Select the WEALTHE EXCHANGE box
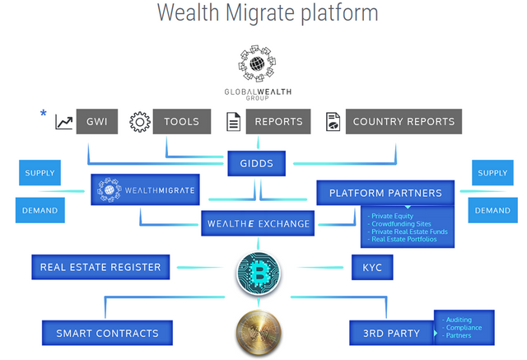point(258,223)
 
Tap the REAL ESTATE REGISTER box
point(100,267)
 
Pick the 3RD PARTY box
point(392,333)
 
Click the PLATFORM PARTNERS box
point(385,193)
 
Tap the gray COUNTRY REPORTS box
point(403,122)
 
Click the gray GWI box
point(97,122)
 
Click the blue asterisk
point(43,114)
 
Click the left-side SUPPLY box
point(40,173)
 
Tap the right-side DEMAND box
point(492,210)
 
